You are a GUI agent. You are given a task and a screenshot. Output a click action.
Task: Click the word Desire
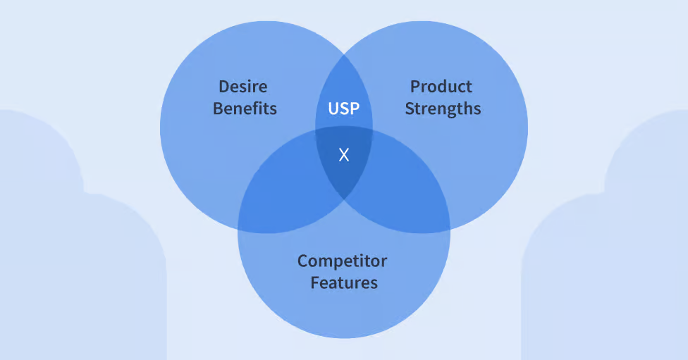(243, 87)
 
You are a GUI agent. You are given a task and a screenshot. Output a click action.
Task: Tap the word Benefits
(245, 108)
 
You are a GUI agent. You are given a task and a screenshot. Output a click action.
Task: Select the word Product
(441, 87)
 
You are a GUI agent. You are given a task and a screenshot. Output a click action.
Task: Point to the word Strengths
(443, 108)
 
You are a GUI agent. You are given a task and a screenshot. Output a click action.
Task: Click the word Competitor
(343, 261)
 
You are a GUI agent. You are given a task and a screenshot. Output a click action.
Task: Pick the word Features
(344, 283)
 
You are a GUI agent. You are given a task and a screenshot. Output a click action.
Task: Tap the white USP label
(344, 108)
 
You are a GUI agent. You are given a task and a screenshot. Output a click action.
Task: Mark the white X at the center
(344, 154)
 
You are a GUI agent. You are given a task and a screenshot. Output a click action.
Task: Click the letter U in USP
(333, 108)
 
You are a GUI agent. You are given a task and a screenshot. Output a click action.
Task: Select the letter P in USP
(355, 108)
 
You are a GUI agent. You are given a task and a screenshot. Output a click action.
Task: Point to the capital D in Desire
(223, 87)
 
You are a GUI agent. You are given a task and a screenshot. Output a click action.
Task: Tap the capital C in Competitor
(302, 261)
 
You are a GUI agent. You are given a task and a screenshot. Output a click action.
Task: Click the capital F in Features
(315, 283)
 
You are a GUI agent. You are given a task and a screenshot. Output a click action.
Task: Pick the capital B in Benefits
(218, 108)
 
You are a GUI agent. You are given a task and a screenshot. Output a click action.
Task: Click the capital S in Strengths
(410, 108)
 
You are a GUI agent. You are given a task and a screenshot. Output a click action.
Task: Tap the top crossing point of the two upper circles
(344, 54)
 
